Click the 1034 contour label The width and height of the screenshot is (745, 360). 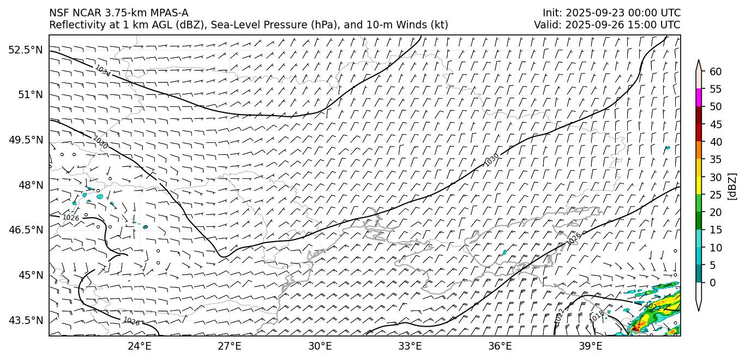103,71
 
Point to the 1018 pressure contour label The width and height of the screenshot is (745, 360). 597,315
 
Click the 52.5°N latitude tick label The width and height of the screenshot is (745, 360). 25,50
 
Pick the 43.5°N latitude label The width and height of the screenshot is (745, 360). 25,320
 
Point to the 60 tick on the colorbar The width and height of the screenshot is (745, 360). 716,71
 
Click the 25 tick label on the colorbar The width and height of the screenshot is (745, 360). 716,195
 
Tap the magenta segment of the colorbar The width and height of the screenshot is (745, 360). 699,98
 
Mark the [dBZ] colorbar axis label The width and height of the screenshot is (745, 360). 732,186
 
